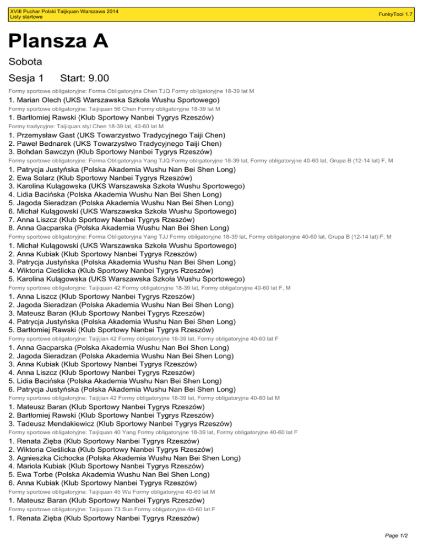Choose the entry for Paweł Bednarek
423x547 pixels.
pos(117,143)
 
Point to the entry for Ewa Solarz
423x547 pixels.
pos(100,178)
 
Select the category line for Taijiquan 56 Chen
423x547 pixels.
pos(115,109)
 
